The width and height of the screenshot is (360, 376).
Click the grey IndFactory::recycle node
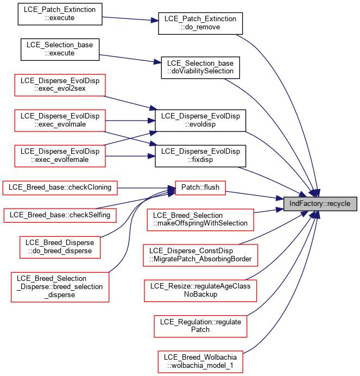click(x=320, y=204)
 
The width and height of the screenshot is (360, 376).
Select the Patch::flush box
click(x=200, y=188)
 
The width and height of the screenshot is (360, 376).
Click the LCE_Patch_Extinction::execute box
click(x=60, y=14)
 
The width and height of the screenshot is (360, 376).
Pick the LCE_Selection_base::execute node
click(x=60, y=49)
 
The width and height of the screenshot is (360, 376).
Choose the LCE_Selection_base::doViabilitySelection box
click(x=200, y=67)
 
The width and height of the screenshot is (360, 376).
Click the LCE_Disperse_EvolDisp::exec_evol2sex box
click(x=60, y=85)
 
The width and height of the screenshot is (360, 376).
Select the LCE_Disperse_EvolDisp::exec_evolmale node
click(x=60, y=121)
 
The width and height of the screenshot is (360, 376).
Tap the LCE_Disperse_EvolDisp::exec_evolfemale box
click(x=60, y=156)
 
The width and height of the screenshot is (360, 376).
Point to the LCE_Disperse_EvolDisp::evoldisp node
click(x=200, y=121)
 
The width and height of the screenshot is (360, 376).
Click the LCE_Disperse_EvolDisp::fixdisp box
click(x=200, y=156)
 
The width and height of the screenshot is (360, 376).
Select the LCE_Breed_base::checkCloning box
click(x=60, y=188)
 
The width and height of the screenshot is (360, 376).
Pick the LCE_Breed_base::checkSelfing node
click(x=60, y=215)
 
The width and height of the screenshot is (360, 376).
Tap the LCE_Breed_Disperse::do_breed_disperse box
click(x=60, y=247)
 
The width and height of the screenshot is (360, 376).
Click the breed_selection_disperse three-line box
click(x=60, y=287)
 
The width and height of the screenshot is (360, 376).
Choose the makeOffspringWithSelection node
click(x=200, y=220)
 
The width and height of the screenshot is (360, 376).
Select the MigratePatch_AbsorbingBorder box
click(x=200, y=255)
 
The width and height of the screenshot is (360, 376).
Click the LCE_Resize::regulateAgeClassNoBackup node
click(x=200, y=291)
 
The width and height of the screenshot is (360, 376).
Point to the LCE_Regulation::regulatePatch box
click(x=200, y=326)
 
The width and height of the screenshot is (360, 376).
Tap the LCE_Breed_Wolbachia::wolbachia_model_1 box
click(x=200, y=362)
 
